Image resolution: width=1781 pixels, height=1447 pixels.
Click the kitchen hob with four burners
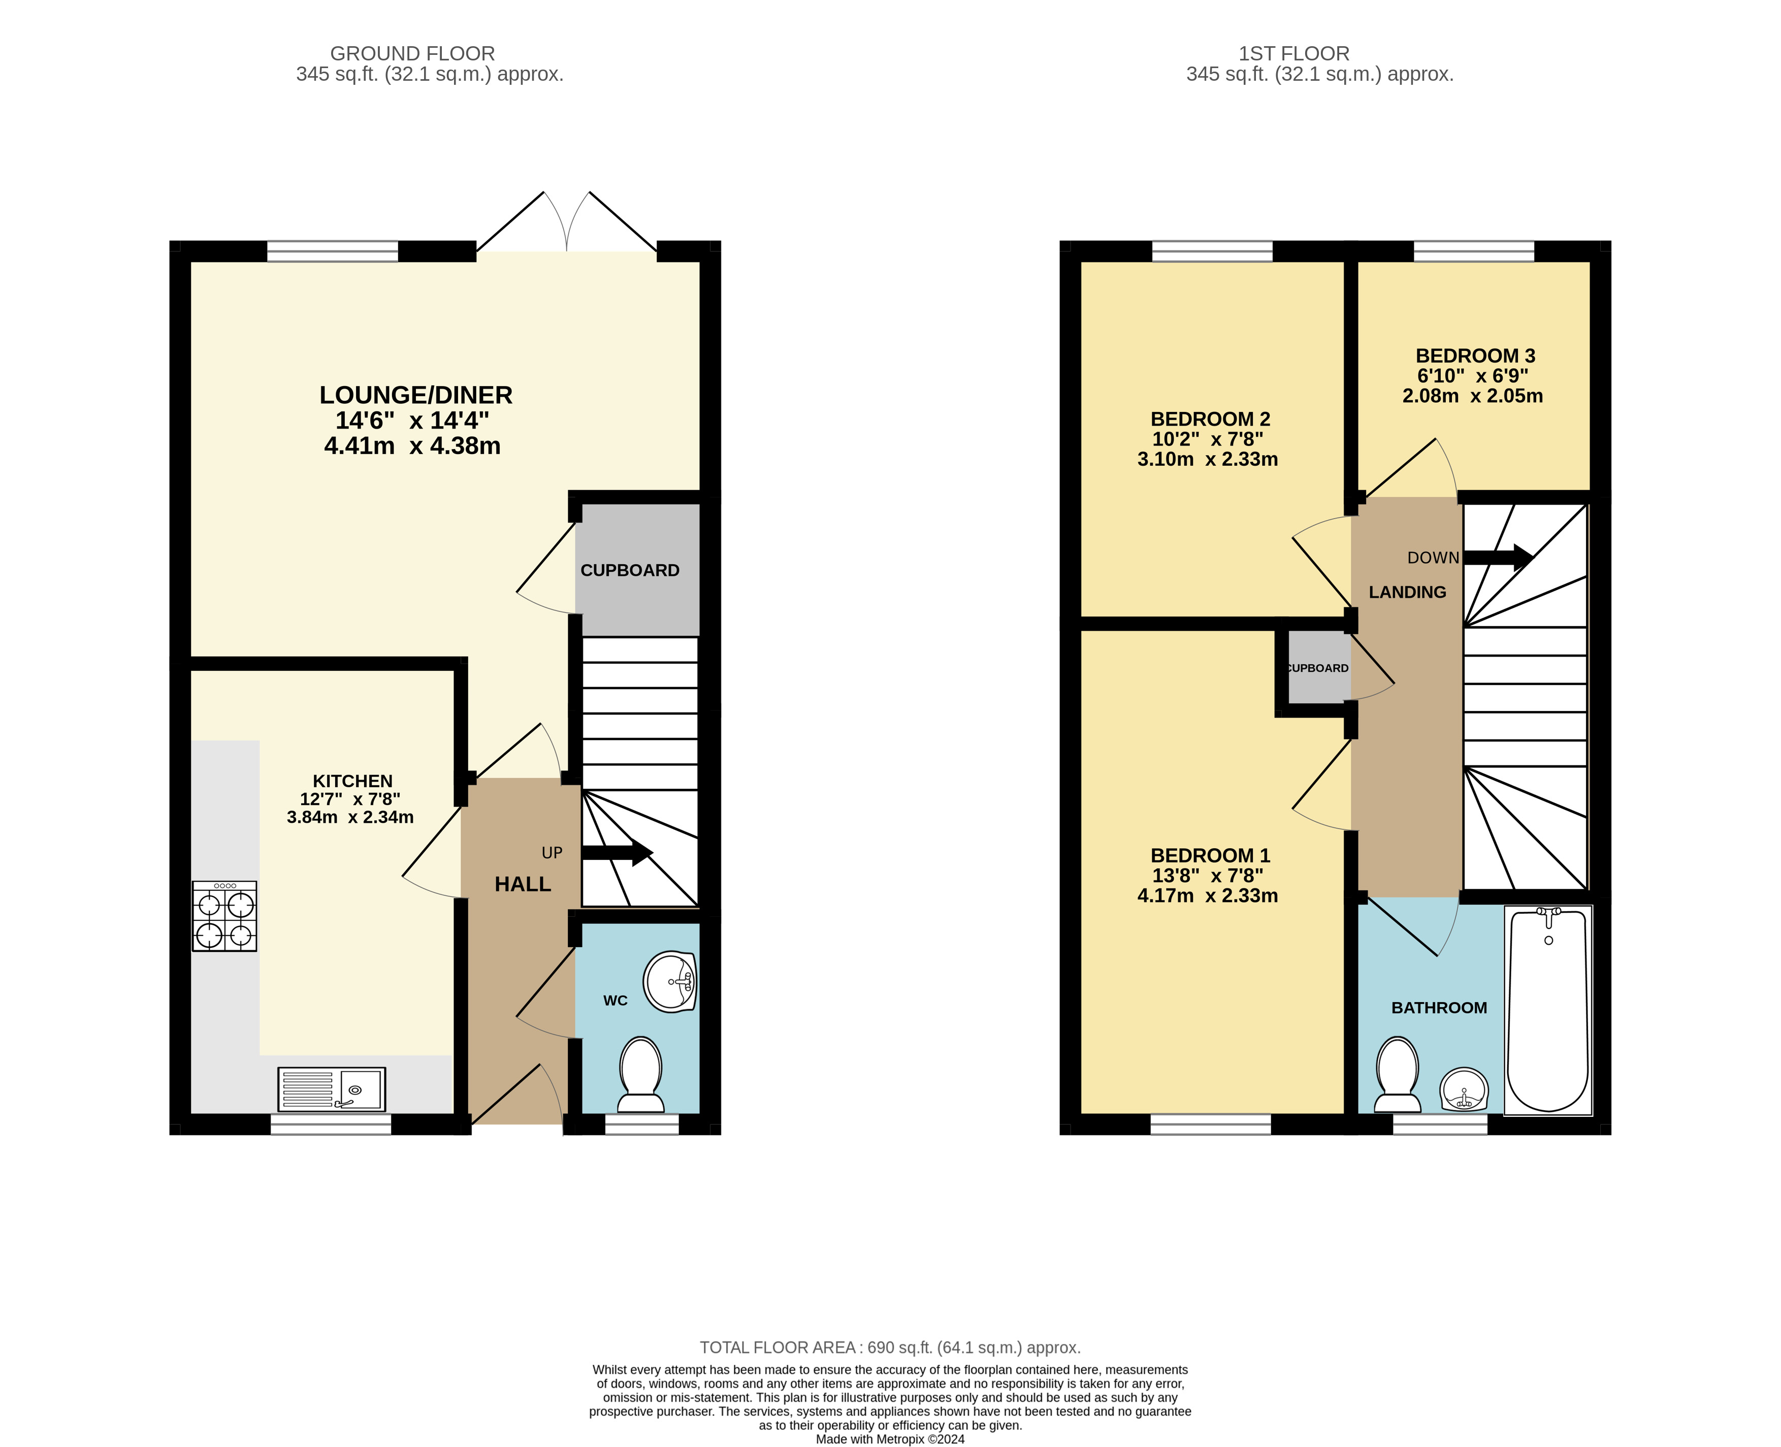point(224,916)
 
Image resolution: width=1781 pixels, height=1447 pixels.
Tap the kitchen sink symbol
point(332,1089)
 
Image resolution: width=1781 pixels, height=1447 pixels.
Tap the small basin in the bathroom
point(1464,1088)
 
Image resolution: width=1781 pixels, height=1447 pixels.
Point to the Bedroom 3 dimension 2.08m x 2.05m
point(1473,396)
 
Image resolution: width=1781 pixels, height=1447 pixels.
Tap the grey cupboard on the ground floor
point(637,570)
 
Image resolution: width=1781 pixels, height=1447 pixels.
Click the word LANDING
point(1408,592)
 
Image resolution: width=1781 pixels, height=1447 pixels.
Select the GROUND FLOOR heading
point(412,53)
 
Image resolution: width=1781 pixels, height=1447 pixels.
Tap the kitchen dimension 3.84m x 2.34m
point(350,817)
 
